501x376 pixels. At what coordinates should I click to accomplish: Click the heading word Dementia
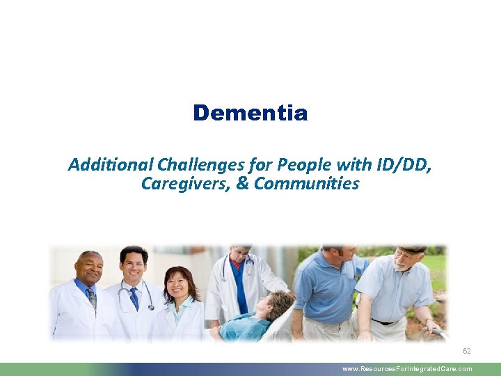click(x=250, y=113)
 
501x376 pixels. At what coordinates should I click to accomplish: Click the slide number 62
click(x=467, y=352)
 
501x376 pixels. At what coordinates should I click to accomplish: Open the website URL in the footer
click(x=407, y=369)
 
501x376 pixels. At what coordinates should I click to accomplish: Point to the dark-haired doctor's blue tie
click(x=134, y=297)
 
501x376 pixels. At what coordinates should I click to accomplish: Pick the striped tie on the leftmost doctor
click(x=92, y=297)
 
